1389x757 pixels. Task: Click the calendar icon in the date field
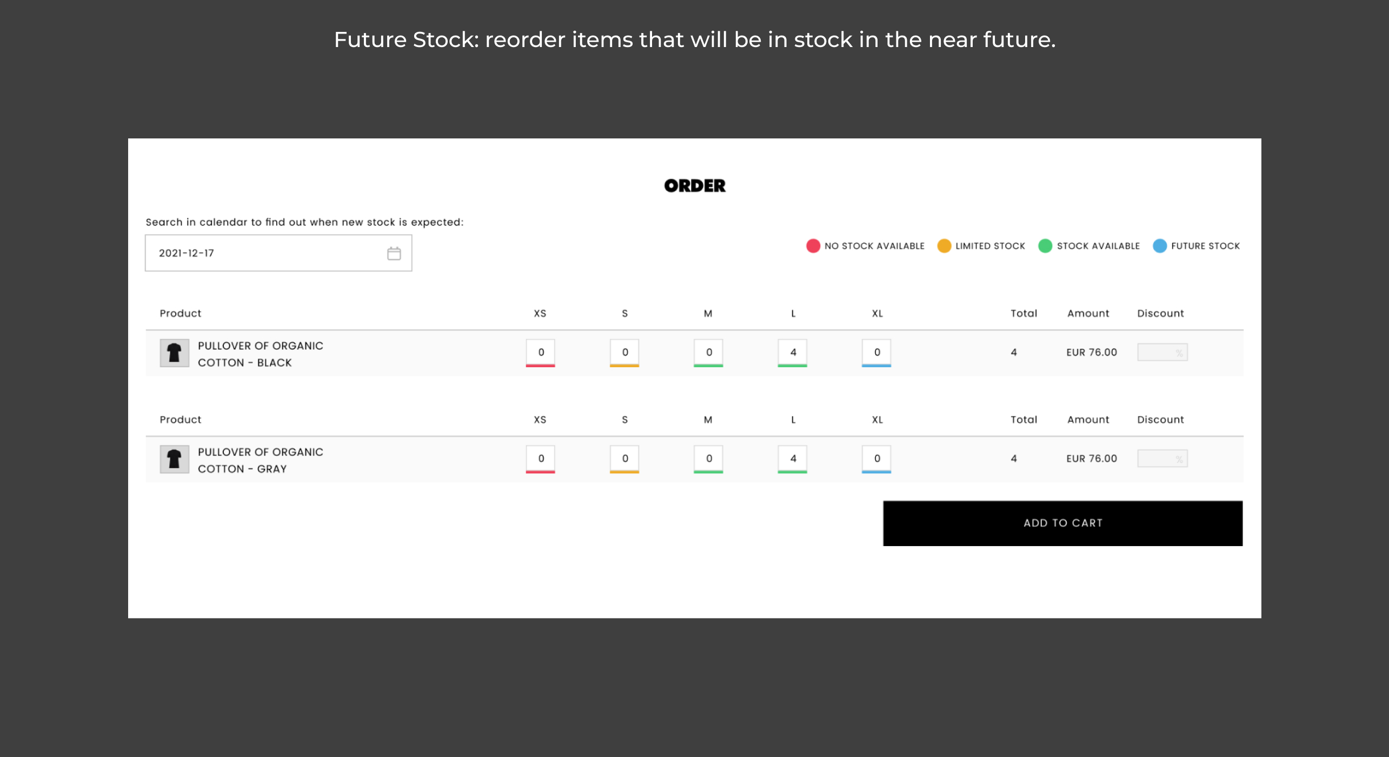click(394, 253)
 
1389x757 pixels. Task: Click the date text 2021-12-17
click(187, 253)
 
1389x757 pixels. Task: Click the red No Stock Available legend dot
click(813, 246)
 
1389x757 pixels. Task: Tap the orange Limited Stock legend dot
click(943, 246)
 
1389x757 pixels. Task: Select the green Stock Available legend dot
click(1045, 246)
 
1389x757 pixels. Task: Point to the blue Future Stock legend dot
click(1159, 246)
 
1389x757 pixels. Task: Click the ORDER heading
click(695, 186)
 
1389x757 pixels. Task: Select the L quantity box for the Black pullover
click(793, 353)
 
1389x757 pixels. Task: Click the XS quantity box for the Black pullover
click(541, 353)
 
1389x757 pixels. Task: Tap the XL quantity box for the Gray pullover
click(876, 459)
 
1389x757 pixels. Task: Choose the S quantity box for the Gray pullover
click(624, 459)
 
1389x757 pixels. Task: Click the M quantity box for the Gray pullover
click(708, 459)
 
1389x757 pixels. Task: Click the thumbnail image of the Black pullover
click(174, 353)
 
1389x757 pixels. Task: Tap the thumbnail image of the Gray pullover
click(174, 459)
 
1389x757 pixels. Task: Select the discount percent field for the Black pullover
click(1162, 353)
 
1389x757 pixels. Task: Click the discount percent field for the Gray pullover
click(1162, 459)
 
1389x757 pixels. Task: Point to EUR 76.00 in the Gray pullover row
click(1092, 459)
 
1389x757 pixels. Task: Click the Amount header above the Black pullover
click(1088, 314)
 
